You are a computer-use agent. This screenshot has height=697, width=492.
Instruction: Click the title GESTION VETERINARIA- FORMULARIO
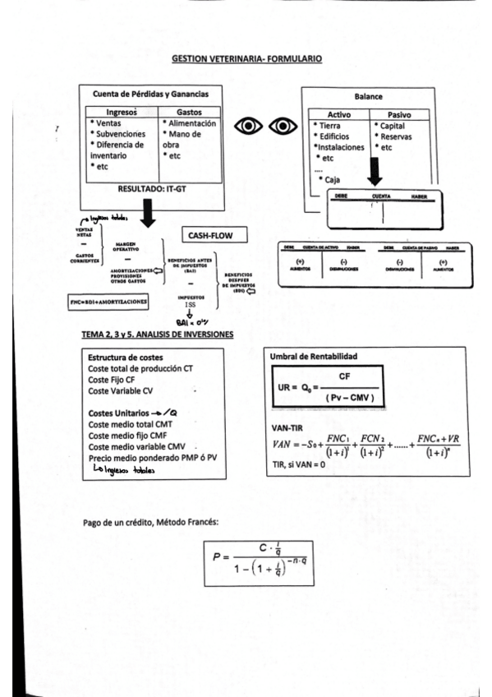point(246,59)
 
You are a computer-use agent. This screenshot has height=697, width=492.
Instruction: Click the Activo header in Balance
point(339,114)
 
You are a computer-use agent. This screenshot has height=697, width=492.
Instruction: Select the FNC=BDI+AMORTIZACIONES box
point(109,302)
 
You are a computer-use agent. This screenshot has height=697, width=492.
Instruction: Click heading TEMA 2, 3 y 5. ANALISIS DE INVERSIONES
point(157,335)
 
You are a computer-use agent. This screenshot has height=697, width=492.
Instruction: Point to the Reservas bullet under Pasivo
point(397,136)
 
